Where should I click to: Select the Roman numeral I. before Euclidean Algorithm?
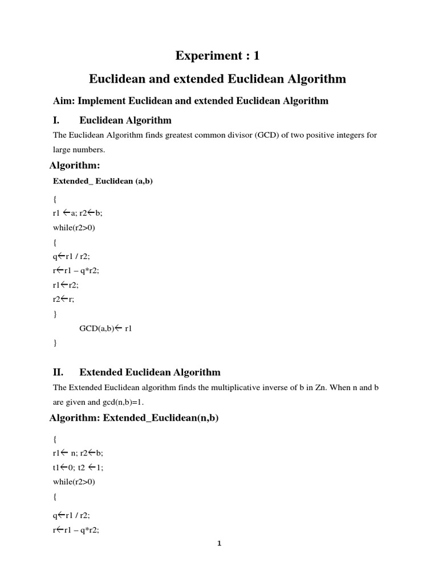tap(57, 120)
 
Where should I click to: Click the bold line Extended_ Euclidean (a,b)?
tap(103, 181)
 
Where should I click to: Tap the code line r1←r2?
tap(65, 285)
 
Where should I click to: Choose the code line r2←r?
tap(63, 299)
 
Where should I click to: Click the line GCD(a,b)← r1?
tap(106, 329)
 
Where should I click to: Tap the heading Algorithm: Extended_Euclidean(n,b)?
tap(134, 418)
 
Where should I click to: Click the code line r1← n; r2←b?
tap(78, 453)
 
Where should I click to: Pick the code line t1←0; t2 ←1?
tap(78, 467)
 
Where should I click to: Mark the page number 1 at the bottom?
tap(218, 543)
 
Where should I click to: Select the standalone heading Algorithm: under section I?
tap(75, 165)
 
